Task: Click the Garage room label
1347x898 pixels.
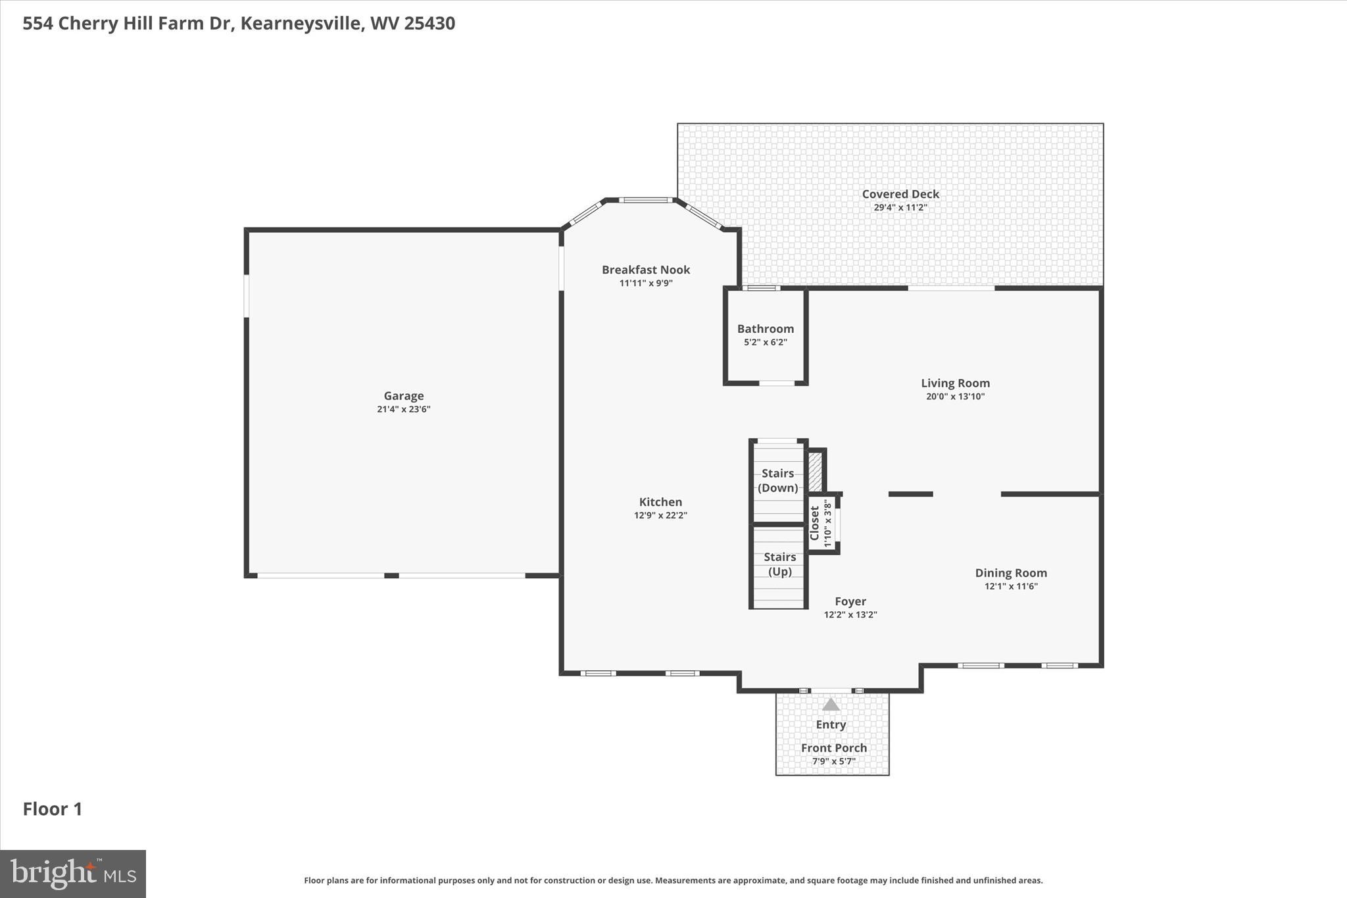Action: click(403, 395)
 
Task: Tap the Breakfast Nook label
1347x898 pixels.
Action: click(645, 269)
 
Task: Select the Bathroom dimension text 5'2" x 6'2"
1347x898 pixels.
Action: click(765, 342)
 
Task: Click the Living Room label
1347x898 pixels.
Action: click(954, 383)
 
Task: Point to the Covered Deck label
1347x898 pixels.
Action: click(900, 194)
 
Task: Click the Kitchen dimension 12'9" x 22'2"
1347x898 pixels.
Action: click(660, 515)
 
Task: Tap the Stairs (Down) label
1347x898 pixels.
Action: click(777, 480)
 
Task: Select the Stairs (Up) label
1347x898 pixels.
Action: click(779, 564)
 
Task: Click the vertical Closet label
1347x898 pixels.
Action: click(815, 523)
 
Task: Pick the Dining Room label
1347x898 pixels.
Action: click(1010, 573)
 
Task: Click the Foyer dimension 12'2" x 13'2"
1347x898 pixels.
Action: click(850, 614)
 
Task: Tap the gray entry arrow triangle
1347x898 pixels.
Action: click(831, 705)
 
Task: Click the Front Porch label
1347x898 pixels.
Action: click(833, 748)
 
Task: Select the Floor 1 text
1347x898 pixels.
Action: click(53, 809)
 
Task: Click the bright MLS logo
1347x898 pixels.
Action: click(73, 874)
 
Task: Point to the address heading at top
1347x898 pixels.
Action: click(239, 24)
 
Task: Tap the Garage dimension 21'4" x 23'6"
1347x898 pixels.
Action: click(403, 409)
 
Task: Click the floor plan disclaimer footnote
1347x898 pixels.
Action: click(673, 880)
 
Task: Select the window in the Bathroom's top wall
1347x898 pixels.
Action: click(762, 288)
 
